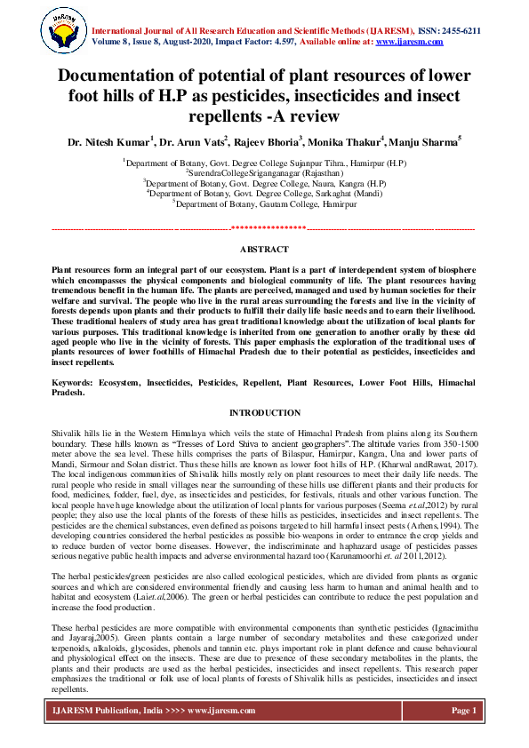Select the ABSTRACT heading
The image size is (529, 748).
[x=264, y=250]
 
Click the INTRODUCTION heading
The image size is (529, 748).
[x=264, y=413]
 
